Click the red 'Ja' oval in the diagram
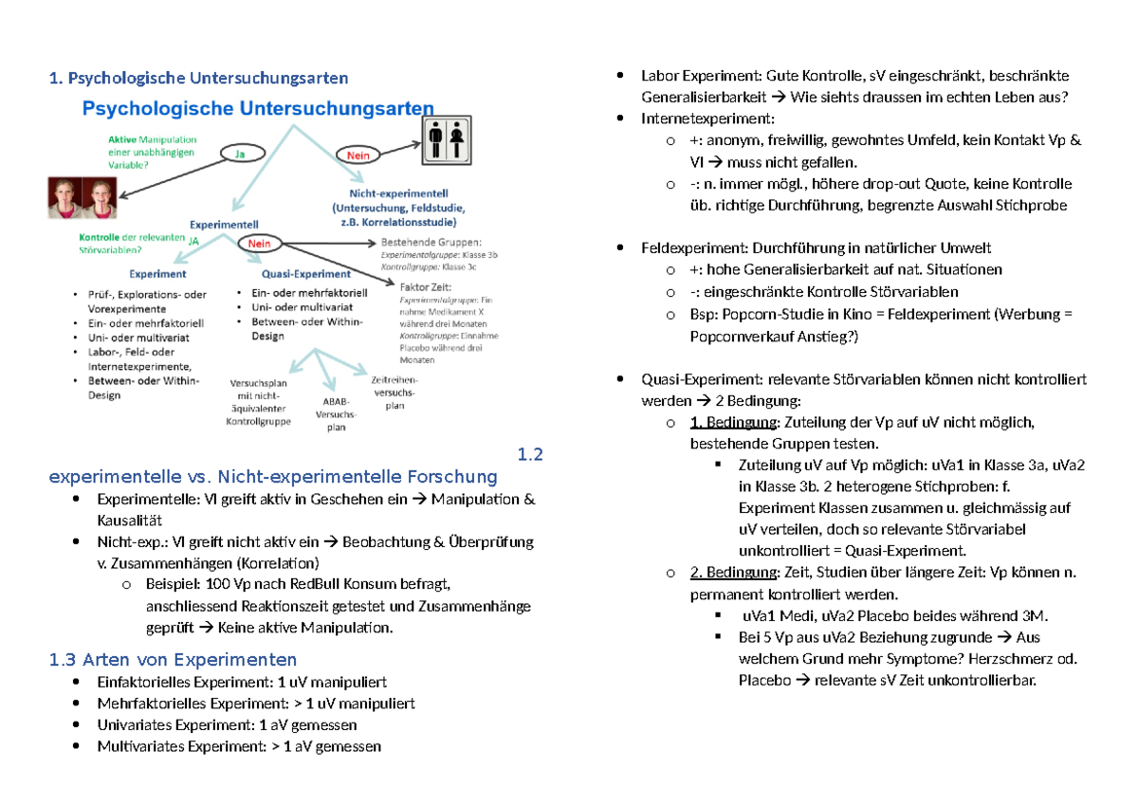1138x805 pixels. (242, 152)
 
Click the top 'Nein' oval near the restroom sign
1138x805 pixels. (357, 154)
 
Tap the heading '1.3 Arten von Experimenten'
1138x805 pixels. (173, 659)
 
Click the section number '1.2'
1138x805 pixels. (530, 454)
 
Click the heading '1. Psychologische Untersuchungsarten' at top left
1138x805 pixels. (198, 77)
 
